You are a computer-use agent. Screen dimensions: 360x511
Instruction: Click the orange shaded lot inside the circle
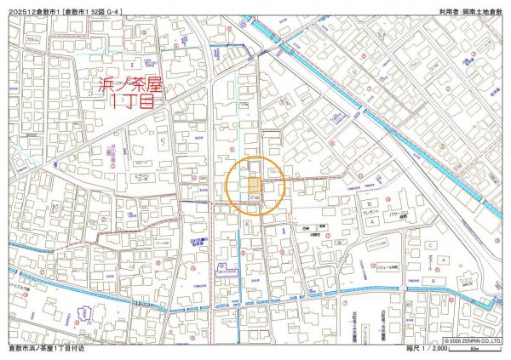tap(255, 185)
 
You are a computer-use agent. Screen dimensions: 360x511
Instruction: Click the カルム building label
tap(33, 40)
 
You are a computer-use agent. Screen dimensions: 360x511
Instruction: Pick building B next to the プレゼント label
tap(368, 205)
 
